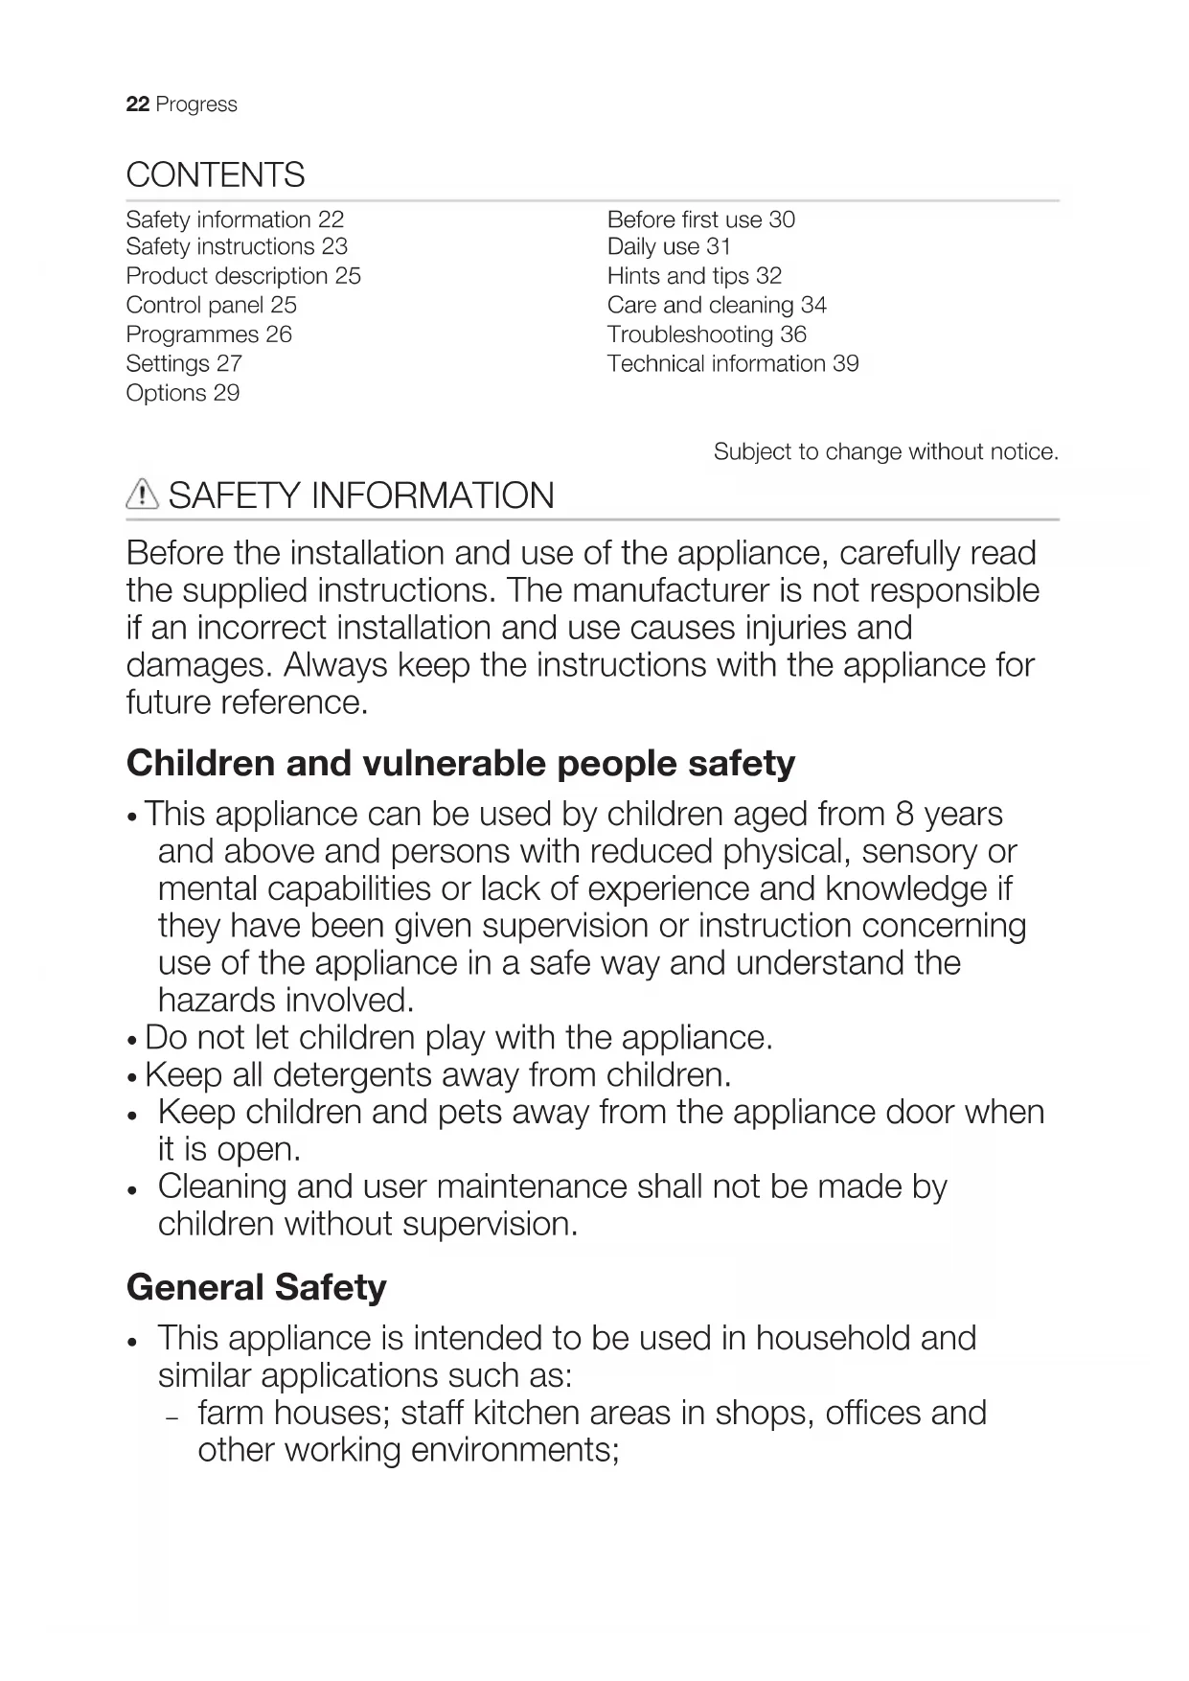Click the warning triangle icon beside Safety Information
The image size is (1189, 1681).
pos(142,495)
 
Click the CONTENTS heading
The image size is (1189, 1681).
pos(216,175)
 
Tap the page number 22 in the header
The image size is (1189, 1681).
pos(137,104)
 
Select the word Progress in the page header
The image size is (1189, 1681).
pos(196,104)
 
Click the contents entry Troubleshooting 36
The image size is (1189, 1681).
pos(706,334)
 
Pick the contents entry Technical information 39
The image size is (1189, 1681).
pos(732,364)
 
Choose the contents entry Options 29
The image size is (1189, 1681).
pos(182,393)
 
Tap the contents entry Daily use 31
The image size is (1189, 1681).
pos(669,247)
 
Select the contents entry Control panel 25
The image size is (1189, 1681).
pos(211,306)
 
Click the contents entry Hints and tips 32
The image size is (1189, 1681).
pos(694,276)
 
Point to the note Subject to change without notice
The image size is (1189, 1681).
pos(885,451)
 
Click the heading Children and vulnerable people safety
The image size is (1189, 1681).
pos(460,764)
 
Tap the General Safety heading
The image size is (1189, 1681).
pos(256,1287)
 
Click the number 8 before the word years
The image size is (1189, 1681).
pos(903,814)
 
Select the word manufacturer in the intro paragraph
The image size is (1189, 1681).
pos(680,590)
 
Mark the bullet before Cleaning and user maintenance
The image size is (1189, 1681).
pos(133,1189)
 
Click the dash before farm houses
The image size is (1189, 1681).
pos(172,1416)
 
